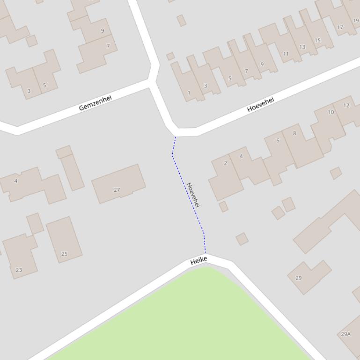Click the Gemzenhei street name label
point(96,103)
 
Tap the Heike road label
point(198,261)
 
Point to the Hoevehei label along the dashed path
point(193,194)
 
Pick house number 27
point(117,190)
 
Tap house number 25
point(65,254)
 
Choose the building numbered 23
point(19,270)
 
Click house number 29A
point(345,334)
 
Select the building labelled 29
point(299,278)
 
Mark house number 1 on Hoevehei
point(189,93)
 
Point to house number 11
point(286,54)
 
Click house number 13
point(302,47)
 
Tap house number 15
point(317,40)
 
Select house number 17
point(340,27)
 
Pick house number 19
point(356,21)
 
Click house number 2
point(225,163)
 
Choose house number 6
point(278,140)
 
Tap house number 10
point(331,112)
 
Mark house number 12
point(346,105)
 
